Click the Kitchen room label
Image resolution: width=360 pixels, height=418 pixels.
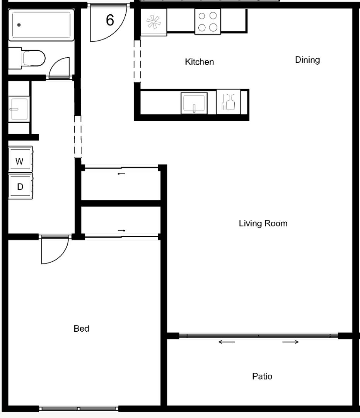click(200, 62)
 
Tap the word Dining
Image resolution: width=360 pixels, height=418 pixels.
click(307, 60)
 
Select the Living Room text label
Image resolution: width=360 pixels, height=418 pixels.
click(263, 223)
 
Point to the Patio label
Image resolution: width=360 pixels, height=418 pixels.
click(262, 377)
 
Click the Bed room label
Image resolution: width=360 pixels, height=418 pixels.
click(82, 329)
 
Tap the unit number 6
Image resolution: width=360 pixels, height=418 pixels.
click(110, 20)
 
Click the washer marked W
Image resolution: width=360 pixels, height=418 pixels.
click(20, 159)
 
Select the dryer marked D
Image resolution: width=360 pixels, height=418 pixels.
click(20, 186)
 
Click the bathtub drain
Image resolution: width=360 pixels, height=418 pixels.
click(19, 25)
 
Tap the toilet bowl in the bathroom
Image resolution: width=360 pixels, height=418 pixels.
click(34, 58)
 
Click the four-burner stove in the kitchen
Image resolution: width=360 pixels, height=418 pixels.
click(208, 22)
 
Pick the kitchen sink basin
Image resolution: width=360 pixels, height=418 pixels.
click(194, 103)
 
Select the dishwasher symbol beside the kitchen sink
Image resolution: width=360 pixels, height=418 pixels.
click(229, 102)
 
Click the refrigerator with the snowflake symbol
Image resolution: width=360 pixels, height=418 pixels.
click(154, 22)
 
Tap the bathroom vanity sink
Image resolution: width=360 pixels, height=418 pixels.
click(19, 109)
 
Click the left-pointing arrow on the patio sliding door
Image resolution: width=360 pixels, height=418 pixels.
click(227, 342)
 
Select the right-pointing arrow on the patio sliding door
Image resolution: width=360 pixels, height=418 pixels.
click(290, 342)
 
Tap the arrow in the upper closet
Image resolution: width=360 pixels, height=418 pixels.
click(121, 174)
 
